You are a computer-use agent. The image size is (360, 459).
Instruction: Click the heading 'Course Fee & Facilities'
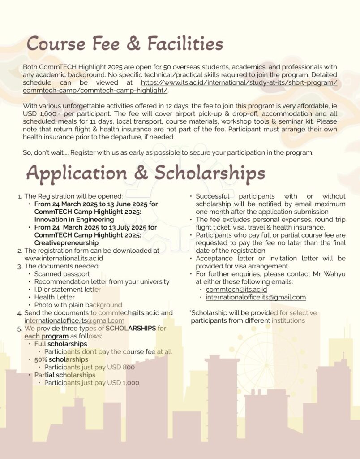tap(125, 44)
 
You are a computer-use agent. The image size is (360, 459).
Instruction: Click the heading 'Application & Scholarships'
tap(146, 173)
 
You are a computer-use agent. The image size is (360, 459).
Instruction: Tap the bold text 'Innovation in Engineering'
tap(74, 220)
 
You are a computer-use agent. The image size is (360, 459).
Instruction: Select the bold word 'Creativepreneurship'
tap(66, 242)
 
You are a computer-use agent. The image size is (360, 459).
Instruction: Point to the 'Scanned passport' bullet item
tap(62, 274)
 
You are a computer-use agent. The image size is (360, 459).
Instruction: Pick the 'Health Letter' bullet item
tap(55, 297)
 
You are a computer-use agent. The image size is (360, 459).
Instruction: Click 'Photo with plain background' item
tap(78, 305)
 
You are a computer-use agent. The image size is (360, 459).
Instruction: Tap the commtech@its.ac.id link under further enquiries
tap(236, 290)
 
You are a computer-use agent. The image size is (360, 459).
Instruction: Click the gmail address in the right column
tap(256, 297)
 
